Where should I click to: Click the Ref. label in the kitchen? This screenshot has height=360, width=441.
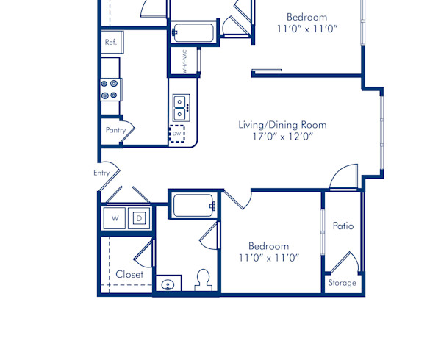[x=111, y=43]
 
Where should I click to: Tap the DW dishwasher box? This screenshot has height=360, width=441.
[x=177, y=135]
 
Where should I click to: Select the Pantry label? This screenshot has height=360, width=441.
[x=115, y=130]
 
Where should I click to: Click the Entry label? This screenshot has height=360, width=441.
[x=101, y=173]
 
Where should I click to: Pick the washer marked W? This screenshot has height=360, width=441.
[x=115, y=218]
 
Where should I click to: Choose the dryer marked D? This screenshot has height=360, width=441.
[x=139, y=218]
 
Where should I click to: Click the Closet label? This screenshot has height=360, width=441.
[x=129, y=274]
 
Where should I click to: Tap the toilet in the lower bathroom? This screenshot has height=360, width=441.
[x=204, y=279]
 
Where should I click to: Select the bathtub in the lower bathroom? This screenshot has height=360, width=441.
[x=193, y=205]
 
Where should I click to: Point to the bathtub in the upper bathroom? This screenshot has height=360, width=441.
[x=193, y=32]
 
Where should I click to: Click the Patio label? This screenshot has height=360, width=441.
[x=343, y=226]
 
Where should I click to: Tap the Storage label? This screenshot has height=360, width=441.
[x=343, y=283]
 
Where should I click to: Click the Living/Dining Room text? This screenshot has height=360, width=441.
[x=282, y=125]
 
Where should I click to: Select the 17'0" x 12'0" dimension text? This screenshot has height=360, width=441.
[x=282, y=137]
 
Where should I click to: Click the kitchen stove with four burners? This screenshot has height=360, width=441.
[x=110, y=89]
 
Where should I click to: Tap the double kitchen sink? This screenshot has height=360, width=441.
[x=180, y=107]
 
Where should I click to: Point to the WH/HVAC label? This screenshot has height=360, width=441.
[x=176, y=61]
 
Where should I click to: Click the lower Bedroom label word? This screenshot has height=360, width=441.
[x=268, y=246]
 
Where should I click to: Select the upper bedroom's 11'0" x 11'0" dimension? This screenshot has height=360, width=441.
[x=306, y=29]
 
